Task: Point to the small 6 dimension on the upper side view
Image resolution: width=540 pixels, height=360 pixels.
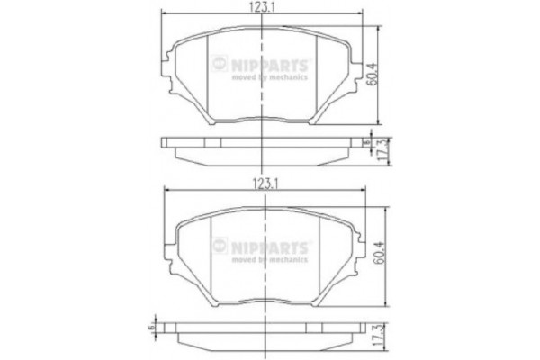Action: pyautogui.click(x=365, y=141)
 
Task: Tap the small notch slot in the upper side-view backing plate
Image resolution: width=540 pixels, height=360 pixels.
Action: pyautogui.click(x=206, y=141)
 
